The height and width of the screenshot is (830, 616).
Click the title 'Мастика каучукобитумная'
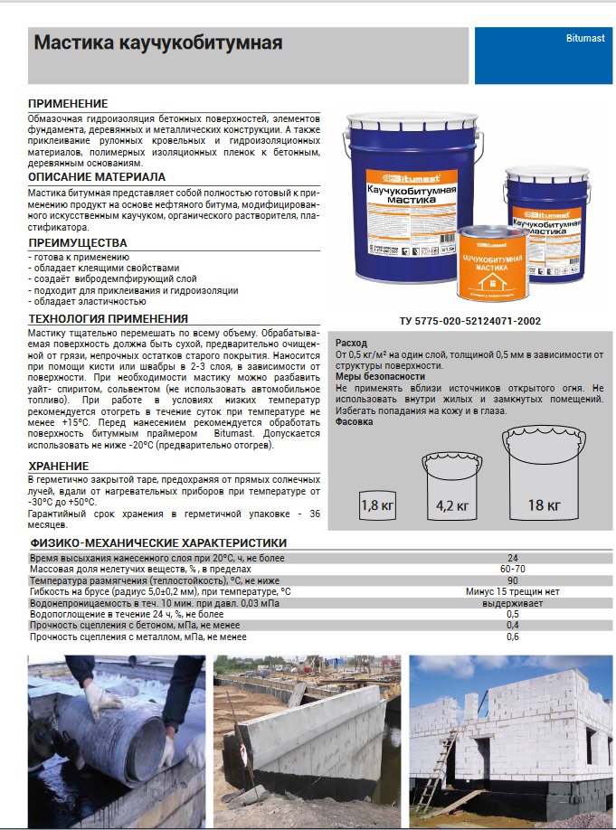click(157, 42)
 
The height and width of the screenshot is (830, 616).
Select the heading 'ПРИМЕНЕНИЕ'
click(68, 104)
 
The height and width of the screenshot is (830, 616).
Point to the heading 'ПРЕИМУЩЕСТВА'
click(78, 243)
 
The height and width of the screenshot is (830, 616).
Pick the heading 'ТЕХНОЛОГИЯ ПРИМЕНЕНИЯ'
click(109, 319)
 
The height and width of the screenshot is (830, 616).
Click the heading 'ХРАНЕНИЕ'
click(59, 466)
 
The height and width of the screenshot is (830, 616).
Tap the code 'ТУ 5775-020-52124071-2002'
click(470, 321)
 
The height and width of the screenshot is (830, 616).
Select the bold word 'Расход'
click(351, 344)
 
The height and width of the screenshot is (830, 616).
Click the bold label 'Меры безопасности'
click(380, 376)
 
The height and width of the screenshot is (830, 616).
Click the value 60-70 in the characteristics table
click(512, 569)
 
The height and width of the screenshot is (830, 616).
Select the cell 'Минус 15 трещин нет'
click(512, 591)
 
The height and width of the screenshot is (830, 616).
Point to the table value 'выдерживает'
click(512, 603)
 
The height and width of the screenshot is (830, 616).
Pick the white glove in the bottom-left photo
click(100, 701)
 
